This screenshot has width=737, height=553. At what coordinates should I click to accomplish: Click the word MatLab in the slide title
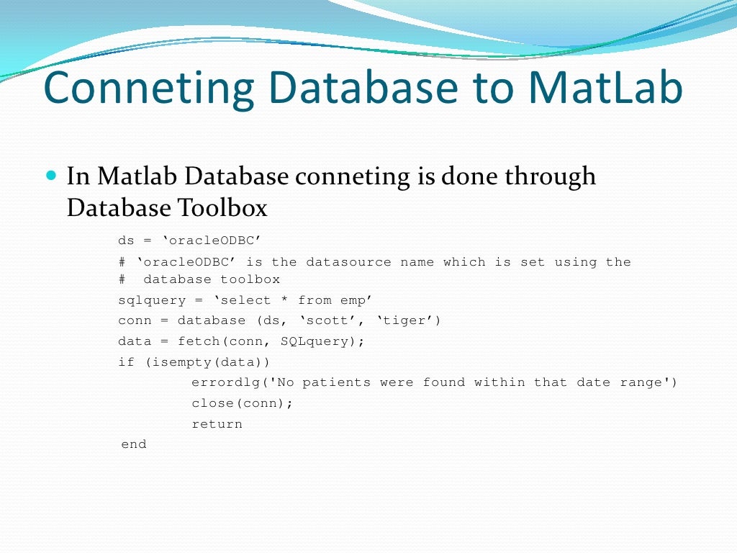pos(605,87)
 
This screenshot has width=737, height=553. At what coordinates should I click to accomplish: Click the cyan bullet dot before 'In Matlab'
pos(50,175)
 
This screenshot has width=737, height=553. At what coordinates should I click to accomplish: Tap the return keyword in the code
pos(217,424)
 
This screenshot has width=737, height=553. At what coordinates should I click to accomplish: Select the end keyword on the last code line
pos(134,444)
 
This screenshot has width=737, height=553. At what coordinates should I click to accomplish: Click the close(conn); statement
pos(242,403)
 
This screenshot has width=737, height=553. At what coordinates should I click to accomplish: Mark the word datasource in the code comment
pos(348,262)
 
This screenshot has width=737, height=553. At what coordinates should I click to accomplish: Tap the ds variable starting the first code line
pos(126,240)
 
